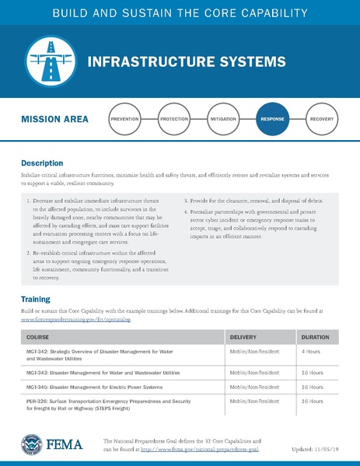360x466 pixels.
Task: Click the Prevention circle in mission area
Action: coord(124,120)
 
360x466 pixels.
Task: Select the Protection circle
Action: coord(173,120)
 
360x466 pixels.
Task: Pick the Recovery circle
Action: coord(321,120)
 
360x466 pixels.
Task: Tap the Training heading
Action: coord(35,299)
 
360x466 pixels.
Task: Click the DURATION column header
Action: coord(315,338)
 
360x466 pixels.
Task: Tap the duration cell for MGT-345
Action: coord(313,387)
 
